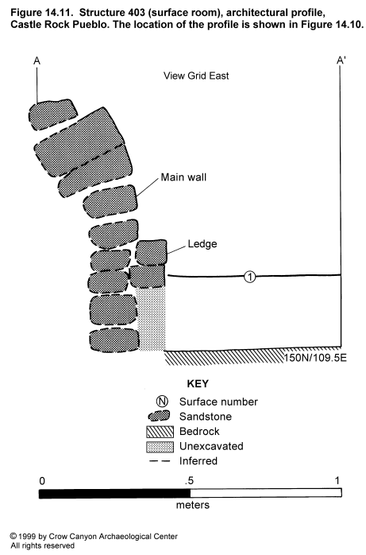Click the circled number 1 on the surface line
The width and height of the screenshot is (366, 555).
tap(250, 277)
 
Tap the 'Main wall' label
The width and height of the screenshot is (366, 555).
tap(183, 177)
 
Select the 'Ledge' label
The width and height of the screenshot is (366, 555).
tap(202, 244)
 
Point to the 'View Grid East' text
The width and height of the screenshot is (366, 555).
tap(196, 76)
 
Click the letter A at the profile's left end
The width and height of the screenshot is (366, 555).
tap(37, 61)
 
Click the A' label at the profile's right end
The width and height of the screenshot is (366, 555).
tap(341, 60)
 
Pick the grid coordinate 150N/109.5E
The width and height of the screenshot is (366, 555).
tap(315, 358)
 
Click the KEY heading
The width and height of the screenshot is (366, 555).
tap(198, 384)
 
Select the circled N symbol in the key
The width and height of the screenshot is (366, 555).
tap(162, 402)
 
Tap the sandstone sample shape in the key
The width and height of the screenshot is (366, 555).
tap(160, 416)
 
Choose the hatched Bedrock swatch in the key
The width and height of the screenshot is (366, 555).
tap(160, 432)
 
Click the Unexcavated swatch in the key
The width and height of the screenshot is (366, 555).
tap(160, 447)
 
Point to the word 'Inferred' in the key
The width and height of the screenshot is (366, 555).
tap(198, 461)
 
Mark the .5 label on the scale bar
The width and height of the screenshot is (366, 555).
tap(189, 480)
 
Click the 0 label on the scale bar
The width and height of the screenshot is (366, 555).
tap(42, 481)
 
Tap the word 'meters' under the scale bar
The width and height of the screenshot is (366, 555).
tap(193, 505)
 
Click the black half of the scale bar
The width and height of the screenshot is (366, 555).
tap(114, 494)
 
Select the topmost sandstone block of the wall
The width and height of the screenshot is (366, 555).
tap(52, 114)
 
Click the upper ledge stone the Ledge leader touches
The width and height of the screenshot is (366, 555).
tap(151, 252)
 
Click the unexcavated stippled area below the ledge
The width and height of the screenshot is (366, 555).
tap(151, 318)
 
